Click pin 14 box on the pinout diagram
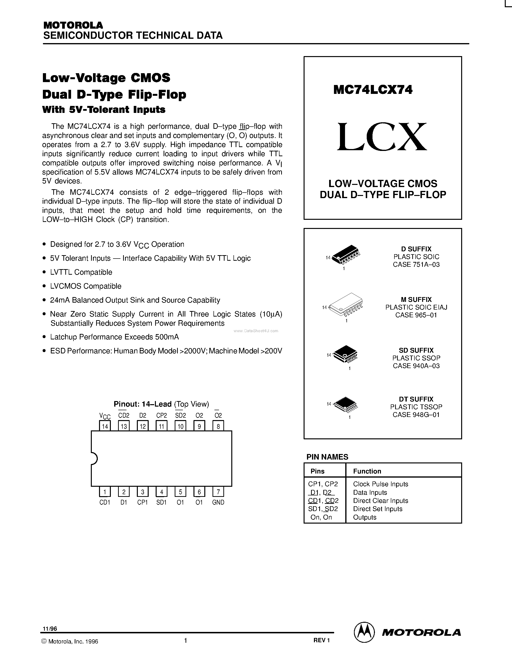click(105, 426)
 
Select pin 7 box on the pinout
click(218, 492)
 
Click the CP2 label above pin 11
click(161, 415)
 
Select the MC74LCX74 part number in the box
click(373, 90)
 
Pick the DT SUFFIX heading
click(416, 399)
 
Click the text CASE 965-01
click(416, 315)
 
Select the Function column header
click(367, 471)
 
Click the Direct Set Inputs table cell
click(378, 509)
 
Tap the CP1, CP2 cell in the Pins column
click(323, 484)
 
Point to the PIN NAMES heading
click(327, 457)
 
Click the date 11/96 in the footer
click(50, 629)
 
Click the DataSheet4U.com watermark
click(256, 331)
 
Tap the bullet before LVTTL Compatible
click(45, 272)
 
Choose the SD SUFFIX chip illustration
click(346, 353)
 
